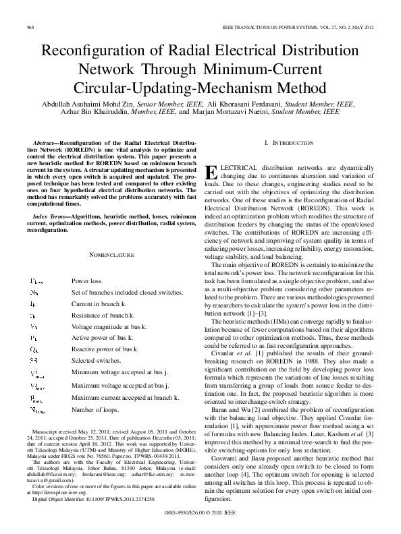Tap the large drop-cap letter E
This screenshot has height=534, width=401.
pyautogui.click(x=210, y=172)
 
